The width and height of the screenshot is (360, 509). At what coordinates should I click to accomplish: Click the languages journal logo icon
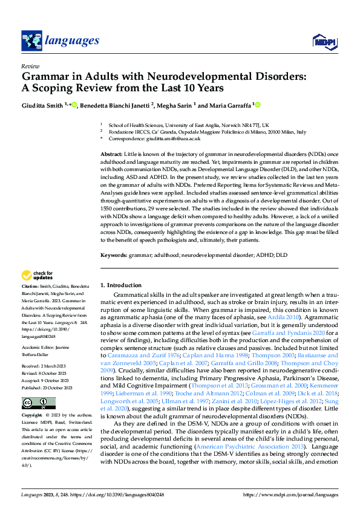tap(31, 41)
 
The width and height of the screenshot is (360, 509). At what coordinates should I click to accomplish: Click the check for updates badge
tap(38, 276)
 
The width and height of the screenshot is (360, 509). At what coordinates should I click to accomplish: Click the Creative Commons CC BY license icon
tap(38, 403)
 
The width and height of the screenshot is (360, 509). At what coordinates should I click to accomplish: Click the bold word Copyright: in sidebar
tap(33, 417)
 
